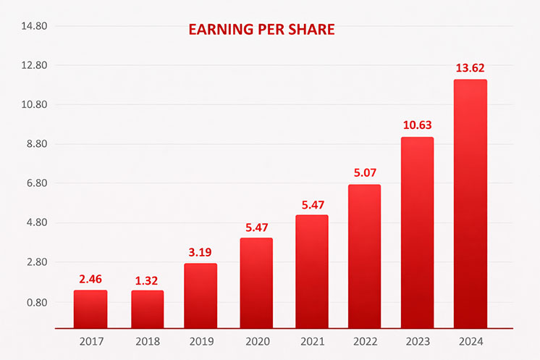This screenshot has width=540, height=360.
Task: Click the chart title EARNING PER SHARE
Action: (x=261, y=30)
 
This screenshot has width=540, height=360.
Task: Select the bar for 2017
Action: (x=90, y=309)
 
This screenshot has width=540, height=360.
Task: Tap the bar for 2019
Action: (x=201, y=296)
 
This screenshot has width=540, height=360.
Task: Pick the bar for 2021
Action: (x=311, y=272)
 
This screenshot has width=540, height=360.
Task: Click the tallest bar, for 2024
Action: (x=470, y=204)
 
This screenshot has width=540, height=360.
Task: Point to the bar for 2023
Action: (x=417, y=233)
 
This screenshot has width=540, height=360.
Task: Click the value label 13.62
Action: (x=470, y=68)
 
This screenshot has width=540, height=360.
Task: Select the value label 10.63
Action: (x=417, y=125)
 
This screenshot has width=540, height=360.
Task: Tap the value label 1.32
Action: (x=147, y=280)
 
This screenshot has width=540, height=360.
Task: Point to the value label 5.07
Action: (x=364, y=173)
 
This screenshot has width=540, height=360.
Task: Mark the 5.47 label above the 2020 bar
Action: (x=256, y=227)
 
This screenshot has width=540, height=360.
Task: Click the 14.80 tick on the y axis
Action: (x=33, y=26)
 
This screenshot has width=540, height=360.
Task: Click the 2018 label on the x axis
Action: (x=147, y=340)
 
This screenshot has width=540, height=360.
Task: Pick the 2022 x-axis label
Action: (x=364, y=340)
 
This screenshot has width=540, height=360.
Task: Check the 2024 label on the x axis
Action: (x=470, y=340)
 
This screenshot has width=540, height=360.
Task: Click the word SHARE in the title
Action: (x=310, y=30)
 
